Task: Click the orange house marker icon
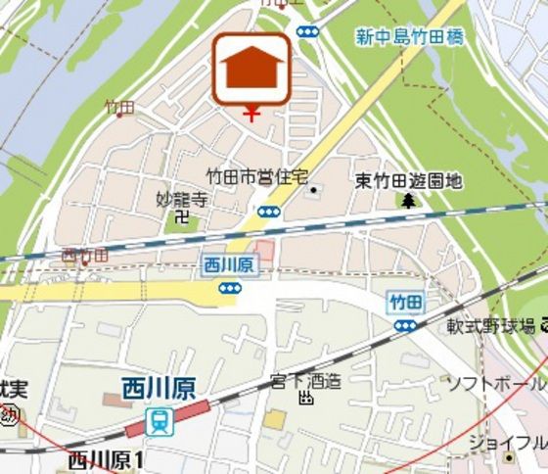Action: click(x=251, y=69)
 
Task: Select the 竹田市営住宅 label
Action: click(x=256, y=176)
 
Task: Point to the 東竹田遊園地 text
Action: click(x=408, y=181)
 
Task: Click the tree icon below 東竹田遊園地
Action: click(x=407, y=201)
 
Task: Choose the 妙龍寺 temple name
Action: click(x=183, y=200)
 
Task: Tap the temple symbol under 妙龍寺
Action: click(x=182, y=218)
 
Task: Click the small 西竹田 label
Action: click(x=84, y=256)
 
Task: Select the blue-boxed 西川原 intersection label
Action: click(x=229, y=264)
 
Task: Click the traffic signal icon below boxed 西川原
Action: click(x=229, y=288)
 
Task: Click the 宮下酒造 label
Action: click(x=306, y=380)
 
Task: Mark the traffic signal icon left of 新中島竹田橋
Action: click(x=307, y=31)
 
